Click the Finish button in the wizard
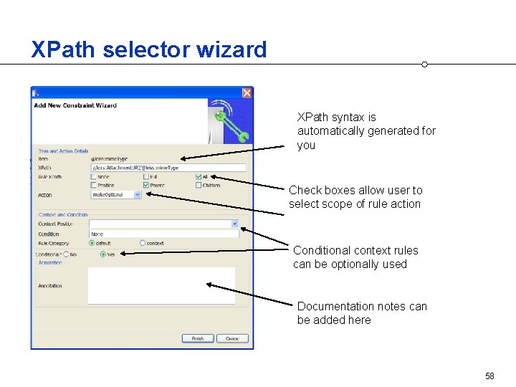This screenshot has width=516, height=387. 197,338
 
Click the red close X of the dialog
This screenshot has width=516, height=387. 247,92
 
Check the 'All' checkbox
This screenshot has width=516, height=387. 199,176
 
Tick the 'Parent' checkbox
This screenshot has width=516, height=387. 147,185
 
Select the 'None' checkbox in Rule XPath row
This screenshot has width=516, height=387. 94,176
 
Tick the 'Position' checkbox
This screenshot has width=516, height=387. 94,185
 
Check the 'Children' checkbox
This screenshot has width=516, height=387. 199,185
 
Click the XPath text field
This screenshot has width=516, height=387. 168,168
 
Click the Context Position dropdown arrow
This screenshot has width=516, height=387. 234,224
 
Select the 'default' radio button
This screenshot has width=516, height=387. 92,243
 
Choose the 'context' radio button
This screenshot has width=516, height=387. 143,243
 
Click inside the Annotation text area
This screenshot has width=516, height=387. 161,285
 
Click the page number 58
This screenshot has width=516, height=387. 489,376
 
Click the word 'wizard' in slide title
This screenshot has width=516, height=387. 232,49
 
